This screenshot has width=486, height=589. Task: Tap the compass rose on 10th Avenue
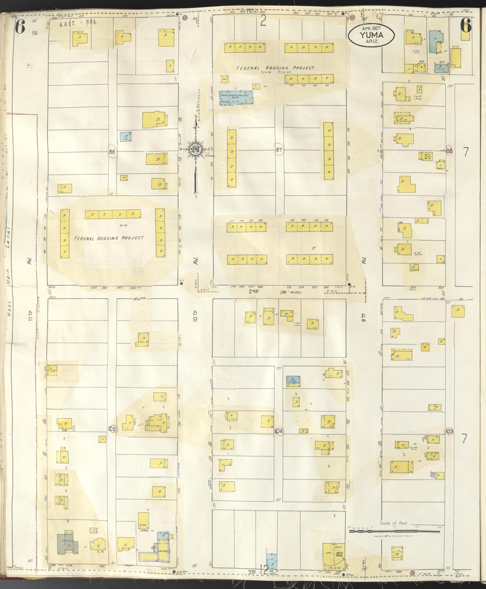pos(196,150)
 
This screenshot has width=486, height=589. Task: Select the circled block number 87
pos(279,150)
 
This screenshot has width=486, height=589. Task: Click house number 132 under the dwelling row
pos(291,85)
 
